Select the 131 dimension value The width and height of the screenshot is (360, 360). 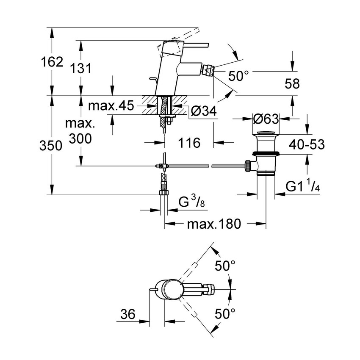pos(81,68)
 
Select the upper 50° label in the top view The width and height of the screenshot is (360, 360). pos(225,266)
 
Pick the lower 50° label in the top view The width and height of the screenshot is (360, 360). pos(225,314)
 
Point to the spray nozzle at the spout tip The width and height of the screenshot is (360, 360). pos(208,68)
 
